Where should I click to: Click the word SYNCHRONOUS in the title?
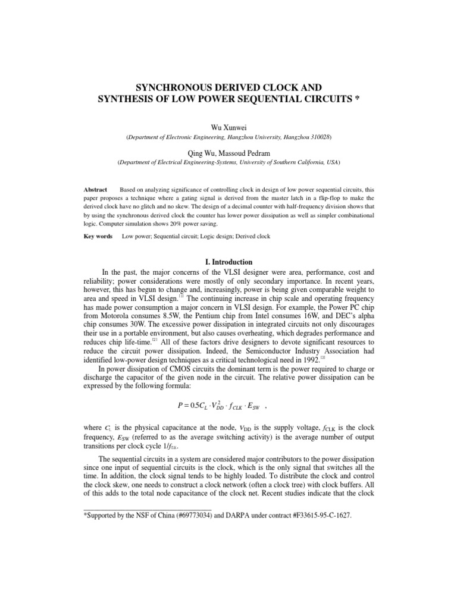(x=163, y=86)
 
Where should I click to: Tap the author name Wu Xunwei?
(x=229, y=127)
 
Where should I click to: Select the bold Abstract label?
(x=95, y=189)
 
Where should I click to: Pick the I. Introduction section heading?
(x=229, y=262)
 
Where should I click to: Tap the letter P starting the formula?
(x=181, y=405)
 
